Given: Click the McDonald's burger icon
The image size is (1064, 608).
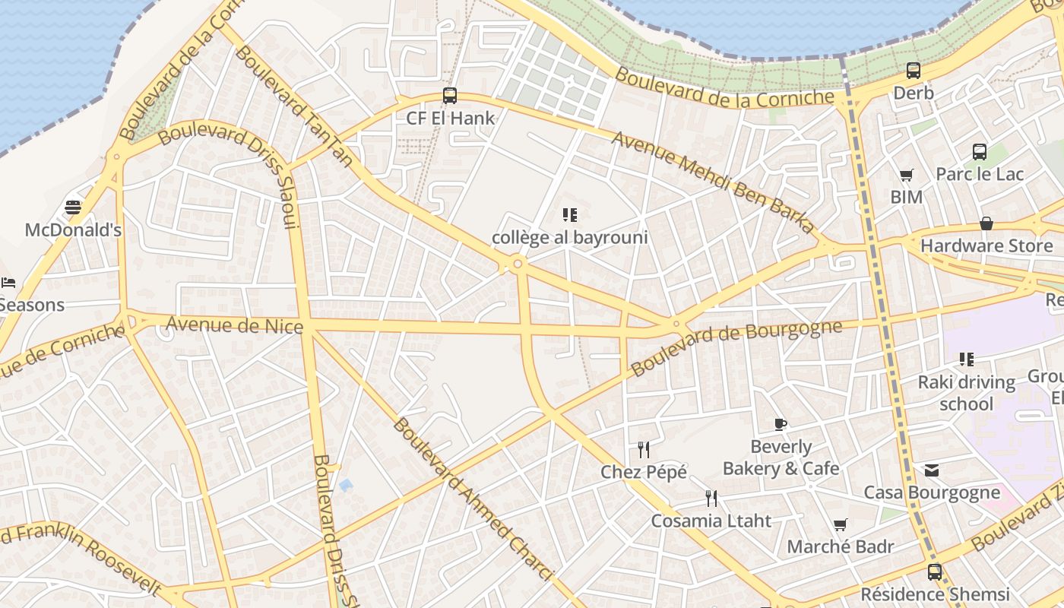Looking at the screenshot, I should [x=73, y=207].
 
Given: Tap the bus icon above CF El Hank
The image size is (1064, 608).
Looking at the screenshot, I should [x=450, y=96].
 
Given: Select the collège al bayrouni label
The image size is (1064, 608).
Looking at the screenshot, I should [x=570, y=237].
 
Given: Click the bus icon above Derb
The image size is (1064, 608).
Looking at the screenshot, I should [x=914, y=71].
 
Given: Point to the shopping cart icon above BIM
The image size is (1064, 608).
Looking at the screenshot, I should [x=906, y=176].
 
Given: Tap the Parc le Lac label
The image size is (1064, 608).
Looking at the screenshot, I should [x=980, y=174].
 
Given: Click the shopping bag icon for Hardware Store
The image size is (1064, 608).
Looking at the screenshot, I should [x=986, y=223].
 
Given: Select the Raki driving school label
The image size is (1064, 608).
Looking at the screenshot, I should [x=967, y=392].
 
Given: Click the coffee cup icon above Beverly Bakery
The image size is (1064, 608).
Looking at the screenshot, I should [x=781, y=424].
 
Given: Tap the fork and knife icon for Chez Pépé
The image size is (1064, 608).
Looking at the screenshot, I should [x=644, y=450].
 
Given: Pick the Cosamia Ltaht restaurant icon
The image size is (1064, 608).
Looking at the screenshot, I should [x=711, y=499].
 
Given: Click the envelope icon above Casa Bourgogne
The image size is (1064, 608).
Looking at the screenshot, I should [x=932, y=470].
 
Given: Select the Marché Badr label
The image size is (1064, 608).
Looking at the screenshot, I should [x=841, y=546].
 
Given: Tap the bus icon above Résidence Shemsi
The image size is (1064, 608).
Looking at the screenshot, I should [x=935, y=572].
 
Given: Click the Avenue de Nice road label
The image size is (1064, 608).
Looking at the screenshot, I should [x=234, y=325].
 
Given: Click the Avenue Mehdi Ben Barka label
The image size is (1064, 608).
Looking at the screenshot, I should [x=712, y=182].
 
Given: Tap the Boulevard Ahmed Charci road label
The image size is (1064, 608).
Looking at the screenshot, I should [x=471, y=499].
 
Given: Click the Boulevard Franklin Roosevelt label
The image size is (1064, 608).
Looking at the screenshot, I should [x=84, y=551].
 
